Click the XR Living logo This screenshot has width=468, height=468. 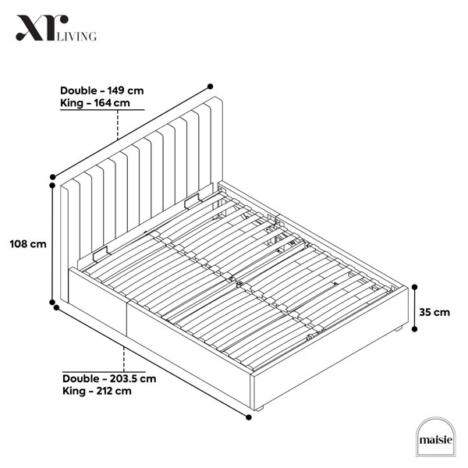pyautogui.click(x=56, y=28)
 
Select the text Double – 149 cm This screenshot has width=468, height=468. pyautogui.click(x=101, y=90)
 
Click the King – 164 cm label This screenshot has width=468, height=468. pyautogui.click(x=95, y=103)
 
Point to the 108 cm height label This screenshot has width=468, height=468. pyautogui.click(x=28, y=244)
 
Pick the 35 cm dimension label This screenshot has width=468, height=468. pyautogui.click(x=434, y=312)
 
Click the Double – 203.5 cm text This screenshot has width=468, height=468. pyautogui.click(x=109, y=378)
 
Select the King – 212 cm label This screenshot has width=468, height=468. pyautogui.click(x=97, y=391)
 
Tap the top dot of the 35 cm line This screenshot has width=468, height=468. pyautogui.click(x=415, y=287)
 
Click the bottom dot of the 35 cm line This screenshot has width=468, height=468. pyautogui.click(x=415, y=329)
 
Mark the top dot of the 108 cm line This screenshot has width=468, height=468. pyautogui.click(x=52, y=186)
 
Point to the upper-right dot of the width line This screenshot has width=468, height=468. pyautogui.click(x=210, y=87)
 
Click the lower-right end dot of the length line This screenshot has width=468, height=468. pyautogui.click(x=249, y=417)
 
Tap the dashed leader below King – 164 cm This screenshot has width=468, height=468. pyautogui.click(x=118, y=125)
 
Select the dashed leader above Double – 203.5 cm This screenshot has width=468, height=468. pyautogui.click(x=124, y=360)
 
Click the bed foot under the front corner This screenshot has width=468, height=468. pyautogui.click(x=259, y=409)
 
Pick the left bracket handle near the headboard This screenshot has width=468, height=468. pyautogui.click(x=100, y=253)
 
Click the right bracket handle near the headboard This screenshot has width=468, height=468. pyautogui.click(x=192, y=200)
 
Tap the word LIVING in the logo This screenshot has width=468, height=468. pyautogui.click(x=76, y=36)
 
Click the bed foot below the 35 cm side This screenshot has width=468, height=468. pyautogui.click(x=398, y=329)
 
